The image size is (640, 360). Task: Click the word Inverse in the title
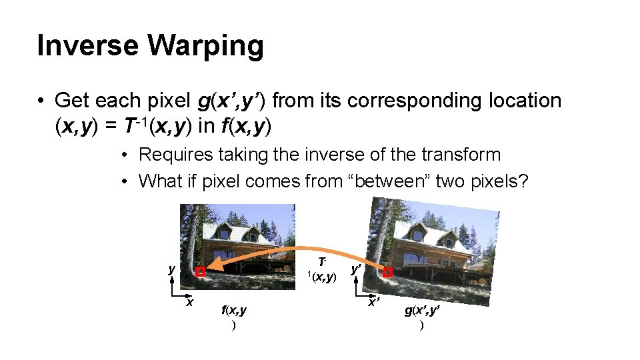pos(87,46)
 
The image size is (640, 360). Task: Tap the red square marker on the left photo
pos(200,272)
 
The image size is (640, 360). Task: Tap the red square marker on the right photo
pos(388,272)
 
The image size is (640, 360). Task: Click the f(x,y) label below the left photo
pos(233,310)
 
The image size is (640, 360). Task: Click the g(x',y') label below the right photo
pos(421,311)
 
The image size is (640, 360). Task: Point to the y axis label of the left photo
pos(172,269)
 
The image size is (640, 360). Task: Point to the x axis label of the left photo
pos(190,303)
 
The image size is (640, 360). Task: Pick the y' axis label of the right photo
pos(357,269)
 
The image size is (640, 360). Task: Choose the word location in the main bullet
pos(526,101)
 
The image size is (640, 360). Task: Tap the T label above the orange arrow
pos(322,261)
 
